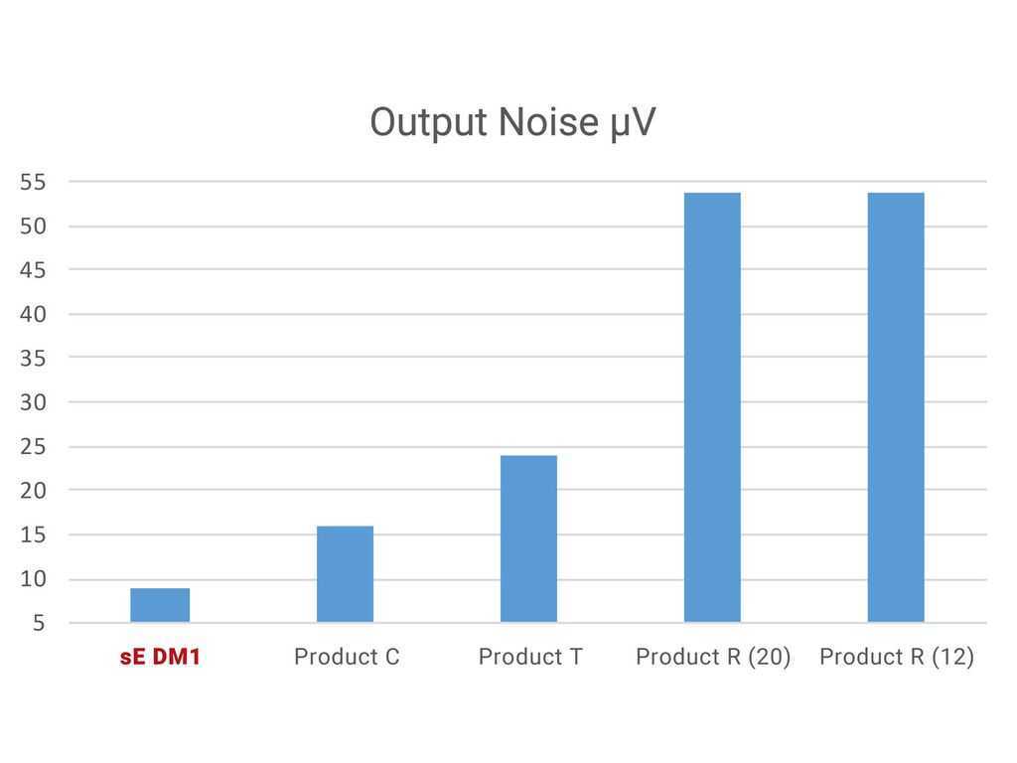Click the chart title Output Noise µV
pyautogui.click(x=512, y=122)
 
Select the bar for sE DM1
pyautogui.click(x=160, y=605)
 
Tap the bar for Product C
pyautogui.click(x=345, y=574)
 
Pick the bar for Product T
pyautogui.click(x=528, y=539)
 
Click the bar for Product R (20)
pyautogui.click(x=712, y=407)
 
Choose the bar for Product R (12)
pyautogui.click(x=896, y=407)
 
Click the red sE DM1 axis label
pyautogui.click(x=160, y=657)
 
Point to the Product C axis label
pyautogui.click(x=347, y=657)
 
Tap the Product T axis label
pyautogui.click(x=530, y=657)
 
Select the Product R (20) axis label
pyautogui.click(x=713, y=658)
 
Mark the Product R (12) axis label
pyautogui.click(x=897, y=658)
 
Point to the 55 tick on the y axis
pyautogui.click(x=33, y=183)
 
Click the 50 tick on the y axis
pyautogui.click(x=33, y=227)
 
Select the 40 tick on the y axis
pyautogui.click(x=33, y=315)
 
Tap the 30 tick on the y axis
pyautogui.click(x=33, y=403)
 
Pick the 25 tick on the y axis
pyautogui.click(x=33, y=447)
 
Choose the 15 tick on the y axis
pyautogui.click(x=33, y=535)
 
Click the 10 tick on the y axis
pyautogui.click(x=33, y=579)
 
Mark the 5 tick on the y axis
pyautogui.click(x=39, y=624)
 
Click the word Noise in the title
pyautogui.click(x=548, y=122)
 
